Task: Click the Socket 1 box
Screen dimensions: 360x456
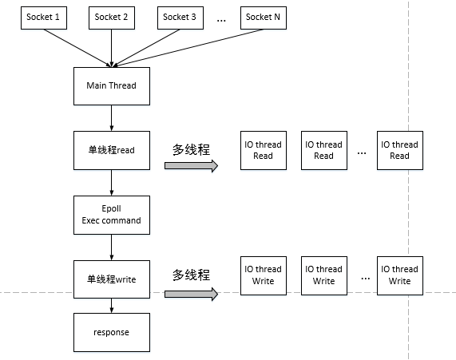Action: (x=42, y=18)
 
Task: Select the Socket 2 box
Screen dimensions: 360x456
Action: (x=111, y=18)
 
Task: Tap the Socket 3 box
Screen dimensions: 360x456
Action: (x=180, y=18)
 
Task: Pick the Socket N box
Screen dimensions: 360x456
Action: (x=263, y=18)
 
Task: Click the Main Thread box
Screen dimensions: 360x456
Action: (x=111, y=85)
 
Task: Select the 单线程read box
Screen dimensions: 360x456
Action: (x=111, y=150)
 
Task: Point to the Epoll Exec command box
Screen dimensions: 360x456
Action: (x=111, y=215)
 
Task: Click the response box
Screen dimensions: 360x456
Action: (x=111, y=333)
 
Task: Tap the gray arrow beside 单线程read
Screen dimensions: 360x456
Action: (x=191, y=166)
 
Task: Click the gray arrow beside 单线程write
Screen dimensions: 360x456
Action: (x=191, y=294)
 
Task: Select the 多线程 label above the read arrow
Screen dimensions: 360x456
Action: (x=191, y=149)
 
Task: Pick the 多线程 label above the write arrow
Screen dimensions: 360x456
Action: (x=191, y=275)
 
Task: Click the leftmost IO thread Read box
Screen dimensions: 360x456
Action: (x=263, y=150)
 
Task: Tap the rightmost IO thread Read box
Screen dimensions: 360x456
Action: (x=399, y=150)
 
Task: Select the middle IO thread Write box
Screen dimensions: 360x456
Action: (x=323, y=275)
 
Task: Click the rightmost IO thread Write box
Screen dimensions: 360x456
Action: (x=399, y=275)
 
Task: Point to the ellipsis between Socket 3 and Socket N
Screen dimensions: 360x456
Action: (x=221, y=20)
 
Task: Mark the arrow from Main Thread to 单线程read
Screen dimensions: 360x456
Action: (x=111, y=117)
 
